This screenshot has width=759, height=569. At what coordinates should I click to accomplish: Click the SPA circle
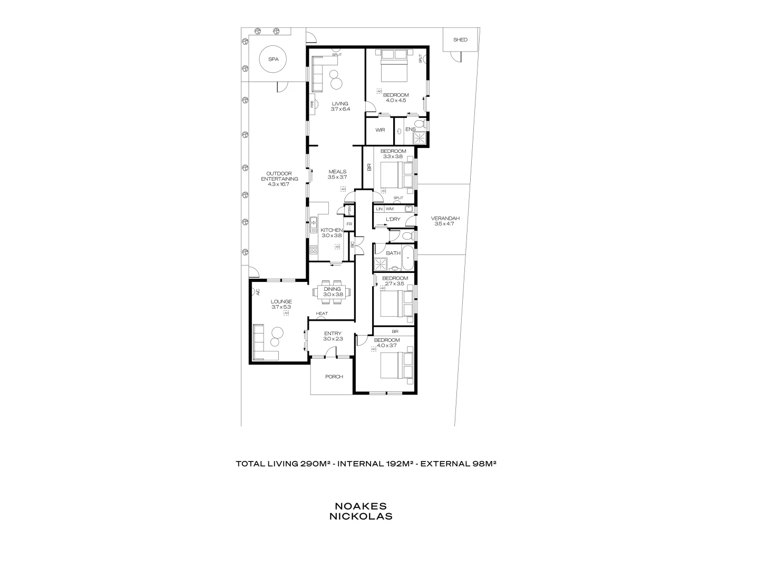[x=273, y=60]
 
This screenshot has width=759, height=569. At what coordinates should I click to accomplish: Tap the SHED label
[x=460, y=40]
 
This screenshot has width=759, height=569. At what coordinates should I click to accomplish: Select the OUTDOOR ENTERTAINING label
[x=279, y=176]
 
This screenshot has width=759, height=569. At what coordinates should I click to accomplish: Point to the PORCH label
[x=334, y=377]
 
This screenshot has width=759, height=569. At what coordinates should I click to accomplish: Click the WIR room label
[x=380, y=130]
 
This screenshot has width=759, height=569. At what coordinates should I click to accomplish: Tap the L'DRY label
[x=393, y=219]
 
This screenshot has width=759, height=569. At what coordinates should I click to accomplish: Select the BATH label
[x=393, y=253]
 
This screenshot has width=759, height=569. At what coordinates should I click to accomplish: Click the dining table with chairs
[x=333, y=291]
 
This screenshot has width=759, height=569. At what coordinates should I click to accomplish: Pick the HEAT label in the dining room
[x=322, y=314]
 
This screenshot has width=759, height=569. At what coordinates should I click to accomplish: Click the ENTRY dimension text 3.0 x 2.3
[x=333, y=339]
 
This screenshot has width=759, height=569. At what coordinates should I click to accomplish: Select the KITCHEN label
[x=332, y=230]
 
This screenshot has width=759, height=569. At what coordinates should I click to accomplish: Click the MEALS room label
[x=337, y=172]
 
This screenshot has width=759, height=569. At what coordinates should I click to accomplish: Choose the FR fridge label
[x=349, y=224]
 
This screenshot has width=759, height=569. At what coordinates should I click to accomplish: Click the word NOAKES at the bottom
[x=361, y=506]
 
